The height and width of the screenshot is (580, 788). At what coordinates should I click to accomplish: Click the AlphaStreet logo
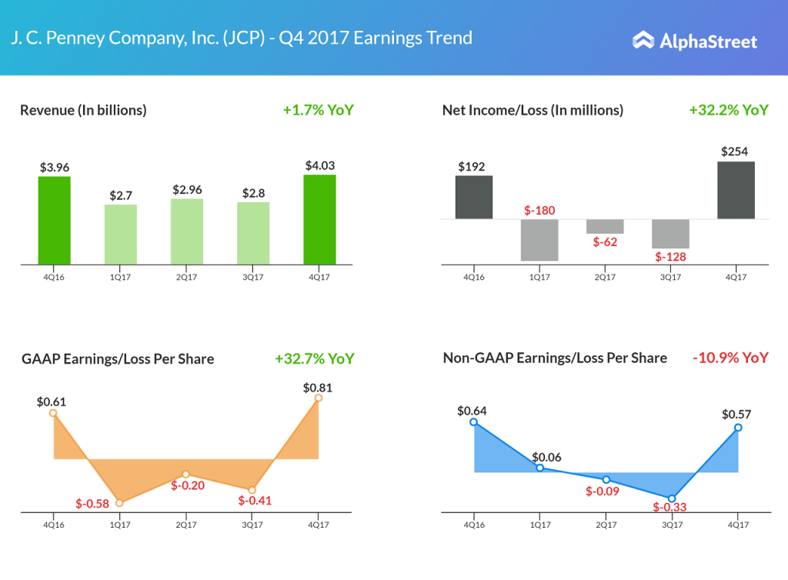(694, 41)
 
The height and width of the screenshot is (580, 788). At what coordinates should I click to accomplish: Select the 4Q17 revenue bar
(319, 219)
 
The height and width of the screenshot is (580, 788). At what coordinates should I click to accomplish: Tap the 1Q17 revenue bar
(121, 235)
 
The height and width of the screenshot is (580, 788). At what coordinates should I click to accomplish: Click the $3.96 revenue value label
(55, 167)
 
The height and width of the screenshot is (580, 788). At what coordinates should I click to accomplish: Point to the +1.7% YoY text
(318, 110)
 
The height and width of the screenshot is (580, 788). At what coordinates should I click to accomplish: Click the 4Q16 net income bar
(474, 197)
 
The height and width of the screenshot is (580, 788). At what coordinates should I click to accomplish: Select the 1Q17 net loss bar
(539, 240)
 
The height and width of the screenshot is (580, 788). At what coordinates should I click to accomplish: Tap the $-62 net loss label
(605, 242)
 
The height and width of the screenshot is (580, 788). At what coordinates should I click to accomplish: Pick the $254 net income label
(734, 152)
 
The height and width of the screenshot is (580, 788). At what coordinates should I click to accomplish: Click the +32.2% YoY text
(728, 110)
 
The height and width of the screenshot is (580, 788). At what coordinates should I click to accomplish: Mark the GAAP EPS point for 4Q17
(319, 398)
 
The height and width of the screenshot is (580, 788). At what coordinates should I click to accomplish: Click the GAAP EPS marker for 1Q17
(119, 502)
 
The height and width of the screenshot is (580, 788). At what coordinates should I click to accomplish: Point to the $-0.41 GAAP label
(255, 501)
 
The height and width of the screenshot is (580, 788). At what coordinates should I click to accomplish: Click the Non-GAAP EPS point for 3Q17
(672, 498)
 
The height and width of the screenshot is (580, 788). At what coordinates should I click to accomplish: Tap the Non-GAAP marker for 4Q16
(473, 422)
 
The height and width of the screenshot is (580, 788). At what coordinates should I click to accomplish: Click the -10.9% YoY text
(730, 358)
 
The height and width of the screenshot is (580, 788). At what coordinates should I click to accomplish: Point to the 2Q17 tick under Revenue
(187, 278)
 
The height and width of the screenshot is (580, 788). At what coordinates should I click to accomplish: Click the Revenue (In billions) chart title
(83, 110)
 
